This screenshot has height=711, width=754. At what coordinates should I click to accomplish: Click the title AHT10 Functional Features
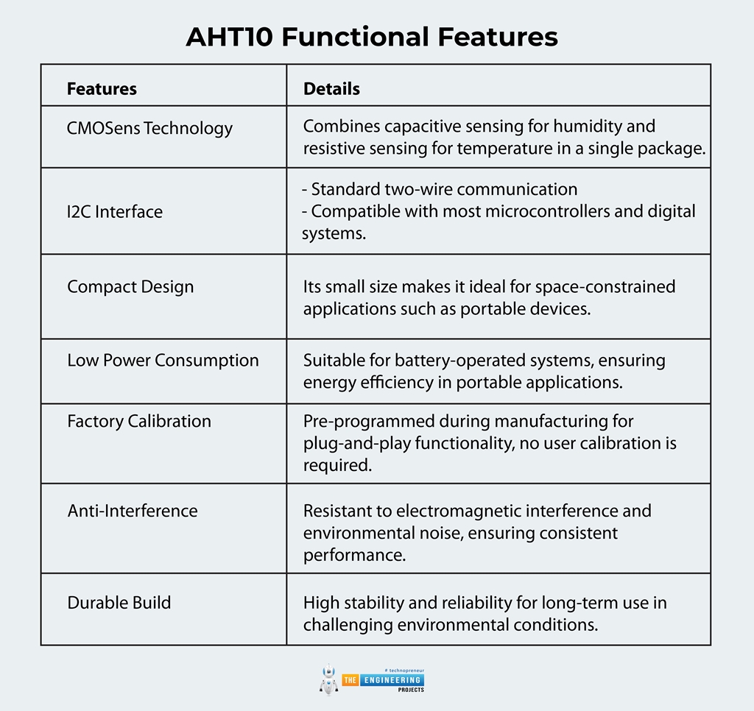(372, 37)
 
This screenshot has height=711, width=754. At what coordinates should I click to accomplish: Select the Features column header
(102, 89)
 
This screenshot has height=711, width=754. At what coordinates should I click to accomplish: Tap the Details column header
(331, 89)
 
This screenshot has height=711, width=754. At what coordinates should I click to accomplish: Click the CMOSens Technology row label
(149, 128)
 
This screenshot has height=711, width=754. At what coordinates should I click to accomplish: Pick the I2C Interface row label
(115, 212)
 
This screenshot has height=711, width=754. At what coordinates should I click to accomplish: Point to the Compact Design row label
(130, 286)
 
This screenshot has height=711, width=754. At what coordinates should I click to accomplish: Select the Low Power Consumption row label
(163, 361)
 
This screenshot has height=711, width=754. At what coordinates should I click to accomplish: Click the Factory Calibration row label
(139, 421)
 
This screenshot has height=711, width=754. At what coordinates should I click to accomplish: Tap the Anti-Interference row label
(133, 511)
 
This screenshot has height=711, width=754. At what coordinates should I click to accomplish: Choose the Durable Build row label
(119, 603)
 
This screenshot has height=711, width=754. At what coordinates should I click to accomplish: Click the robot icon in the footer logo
(328, 679)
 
